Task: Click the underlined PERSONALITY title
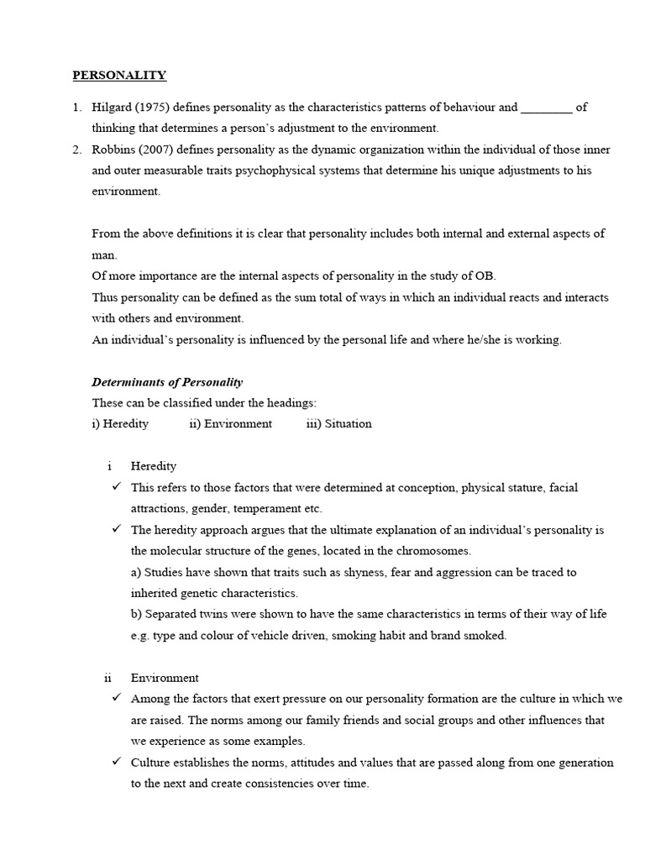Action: click(x=119, y=75)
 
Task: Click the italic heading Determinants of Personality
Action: click(x=167, y=381)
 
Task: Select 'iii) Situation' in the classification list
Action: click(x=338, y=423)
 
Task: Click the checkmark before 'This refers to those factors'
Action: click(x=115, y=487)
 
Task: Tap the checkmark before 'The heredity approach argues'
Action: click(x=115, y=530)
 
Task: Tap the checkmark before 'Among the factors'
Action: click(x=115, y=699)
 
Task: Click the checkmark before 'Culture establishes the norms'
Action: click(x=115, y=763)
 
